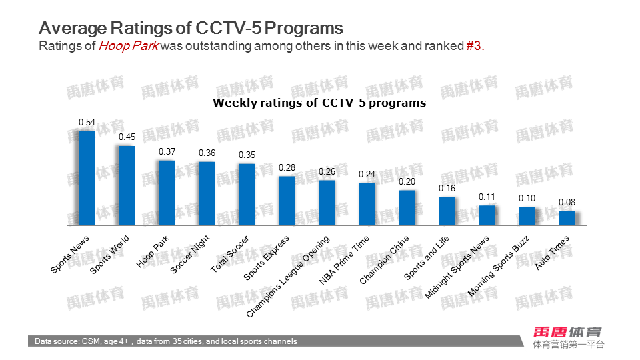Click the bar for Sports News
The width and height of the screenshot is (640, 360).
[x=87, y=179]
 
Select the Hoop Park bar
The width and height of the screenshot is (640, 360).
[x=167, y=193]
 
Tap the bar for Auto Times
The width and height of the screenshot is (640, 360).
[x=567, y=219]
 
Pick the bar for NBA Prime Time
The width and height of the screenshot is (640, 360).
[x=367, y=205]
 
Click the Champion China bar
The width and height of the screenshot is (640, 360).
[x=407, y=209]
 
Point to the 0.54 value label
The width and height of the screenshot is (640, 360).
[x=87, y=123]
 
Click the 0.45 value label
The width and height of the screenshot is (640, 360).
[x=127, y=137]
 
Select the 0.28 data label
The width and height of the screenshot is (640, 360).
[x=287, y=167]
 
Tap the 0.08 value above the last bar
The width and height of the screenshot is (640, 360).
[x=567, y=203]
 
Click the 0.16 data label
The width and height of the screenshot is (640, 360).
[x=447, y=189]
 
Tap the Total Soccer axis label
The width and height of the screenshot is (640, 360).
[x=230, y=255]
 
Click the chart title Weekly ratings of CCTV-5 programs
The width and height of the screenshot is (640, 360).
[x=319, y=103]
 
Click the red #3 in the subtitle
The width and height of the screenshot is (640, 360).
[x=473, y=46]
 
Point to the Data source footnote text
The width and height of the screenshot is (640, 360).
[x=166, y=341]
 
